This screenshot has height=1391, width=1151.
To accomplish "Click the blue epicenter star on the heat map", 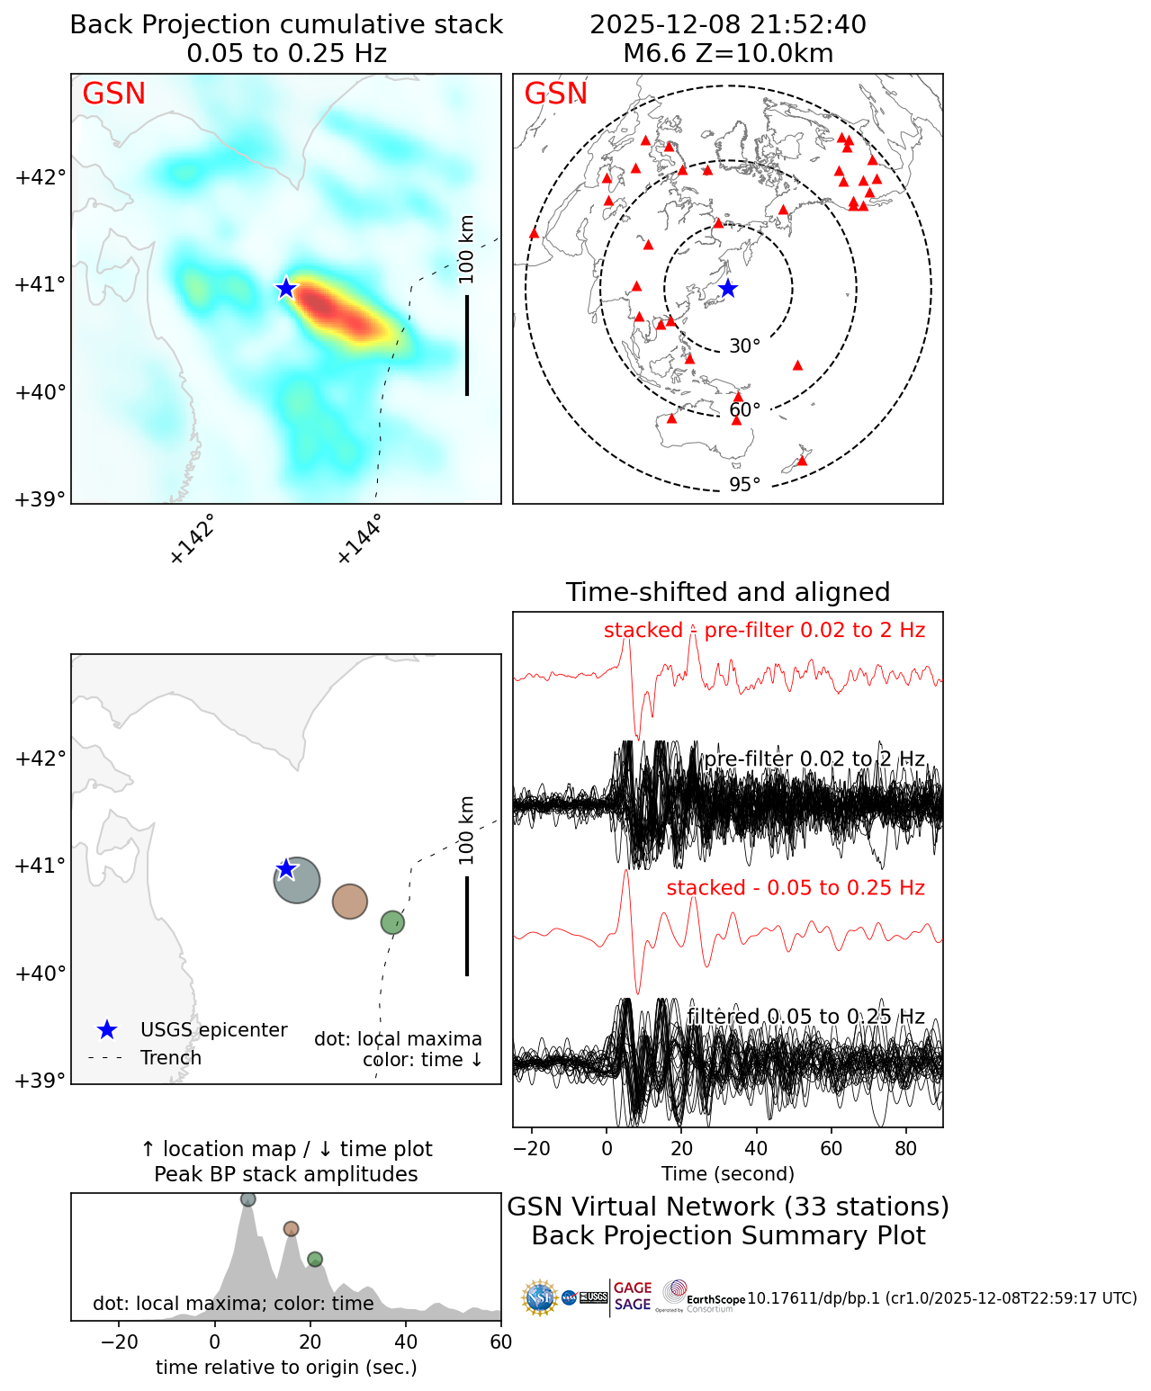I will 286,288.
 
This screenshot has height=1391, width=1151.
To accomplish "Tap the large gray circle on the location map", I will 297,880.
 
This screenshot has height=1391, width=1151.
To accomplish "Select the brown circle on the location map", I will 350,901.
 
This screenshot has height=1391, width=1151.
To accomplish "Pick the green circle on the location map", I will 392,922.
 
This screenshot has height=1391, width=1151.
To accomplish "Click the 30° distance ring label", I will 744,346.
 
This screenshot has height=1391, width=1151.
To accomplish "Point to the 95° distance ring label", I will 744,485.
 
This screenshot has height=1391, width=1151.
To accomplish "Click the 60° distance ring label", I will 744,410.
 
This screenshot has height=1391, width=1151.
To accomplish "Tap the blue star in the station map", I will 728,289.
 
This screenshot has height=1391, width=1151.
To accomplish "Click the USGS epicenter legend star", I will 107,1030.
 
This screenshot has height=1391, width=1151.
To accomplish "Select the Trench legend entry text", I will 171,1058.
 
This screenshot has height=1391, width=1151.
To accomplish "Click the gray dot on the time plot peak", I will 248,1199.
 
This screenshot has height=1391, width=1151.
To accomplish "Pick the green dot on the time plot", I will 314,1259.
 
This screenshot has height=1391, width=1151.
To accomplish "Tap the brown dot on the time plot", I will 291,1229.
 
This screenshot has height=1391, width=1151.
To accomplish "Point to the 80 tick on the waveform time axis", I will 906,1149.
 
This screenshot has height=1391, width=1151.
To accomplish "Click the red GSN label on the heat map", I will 113,94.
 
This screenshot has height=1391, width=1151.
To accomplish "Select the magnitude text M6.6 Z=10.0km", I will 728,53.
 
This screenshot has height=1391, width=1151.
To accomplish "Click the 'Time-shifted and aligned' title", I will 728,592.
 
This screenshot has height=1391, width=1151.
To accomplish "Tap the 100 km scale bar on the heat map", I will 467,345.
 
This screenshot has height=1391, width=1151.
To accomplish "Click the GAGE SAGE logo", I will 633,1297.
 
